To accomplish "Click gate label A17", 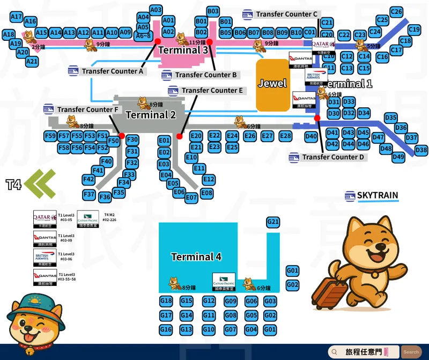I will [x=16, y=17].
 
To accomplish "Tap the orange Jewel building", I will [x=272, y=84].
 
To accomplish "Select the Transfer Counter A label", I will [x=113, y=71].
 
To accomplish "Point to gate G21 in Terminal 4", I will [x=273, y=222].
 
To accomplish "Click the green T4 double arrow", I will [x=40, y=184].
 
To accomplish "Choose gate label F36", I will [x=105, y=197].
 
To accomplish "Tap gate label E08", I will [x=206, y=193].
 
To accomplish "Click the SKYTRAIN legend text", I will [x=378, y=196].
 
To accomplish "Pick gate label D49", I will [x=398, y=157].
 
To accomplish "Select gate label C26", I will [x=396, y=12].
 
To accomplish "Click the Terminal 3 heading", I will [x=183, y=50].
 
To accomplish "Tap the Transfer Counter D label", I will [x=333, y=157].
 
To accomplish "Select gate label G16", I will [x=166, y=329].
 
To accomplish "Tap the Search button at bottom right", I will [x=411, y=352].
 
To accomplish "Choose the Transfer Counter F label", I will [x=87, y=109].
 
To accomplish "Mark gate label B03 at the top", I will [x=213, y=11].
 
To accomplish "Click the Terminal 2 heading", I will [x=151, y=115].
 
